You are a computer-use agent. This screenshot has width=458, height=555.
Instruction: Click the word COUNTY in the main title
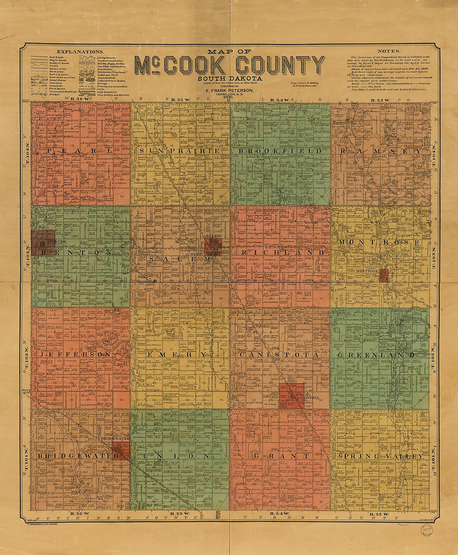[x=280, y=65]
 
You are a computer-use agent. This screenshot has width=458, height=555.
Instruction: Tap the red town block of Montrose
[x=384, y=275]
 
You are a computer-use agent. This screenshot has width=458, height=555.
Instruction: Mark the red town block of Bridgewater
[x=121, y=450]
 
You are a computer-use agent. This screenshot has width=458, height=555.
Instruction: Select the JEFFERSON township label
[x=76, y=355]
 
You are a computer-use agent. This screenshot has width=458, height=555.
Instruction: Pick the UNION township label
[x=180, y=456]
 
